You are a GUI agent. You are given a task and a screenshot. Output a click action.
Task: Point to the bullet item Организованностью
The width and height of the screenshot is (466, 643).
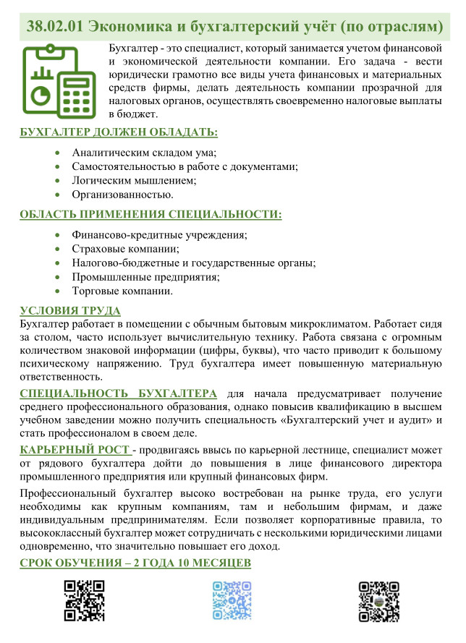122,195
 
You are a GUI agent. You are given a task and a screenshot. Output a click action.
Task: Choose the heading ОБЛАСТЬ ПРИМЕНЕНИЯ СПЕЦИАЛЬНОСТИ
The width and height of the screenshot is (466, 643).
151,215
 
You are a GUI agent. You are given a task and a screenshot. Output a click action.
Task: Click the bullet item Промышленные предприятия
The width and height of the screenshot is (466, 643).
145,277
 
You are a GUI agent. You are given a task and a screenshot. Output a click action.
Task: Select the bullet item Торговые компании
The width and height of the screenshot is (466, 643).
122,291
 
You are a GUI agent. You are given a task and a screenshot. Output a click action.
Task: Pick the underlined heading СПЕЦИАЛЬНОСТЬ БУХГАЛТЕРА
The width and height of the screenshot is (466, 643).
118,393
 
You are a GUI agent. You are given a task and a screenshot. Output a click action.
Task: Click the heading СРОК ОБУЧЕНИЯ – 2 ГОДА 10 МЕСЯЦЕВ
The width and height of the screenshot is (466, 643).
135,563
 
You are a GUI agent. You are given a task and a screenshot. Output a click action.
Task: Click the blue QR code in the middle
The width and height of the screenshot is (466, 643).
232,600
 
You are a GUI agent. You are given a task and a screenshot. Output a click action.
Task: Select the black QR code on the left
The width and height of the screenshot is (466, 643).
85,600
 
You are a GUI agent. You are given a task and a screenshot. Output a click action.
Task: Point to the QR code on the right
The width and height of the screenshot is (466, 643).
379,600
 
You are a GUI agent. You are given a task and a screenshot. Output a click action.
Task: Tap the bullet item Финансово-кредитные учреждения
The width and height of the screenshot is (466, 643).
160,235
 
